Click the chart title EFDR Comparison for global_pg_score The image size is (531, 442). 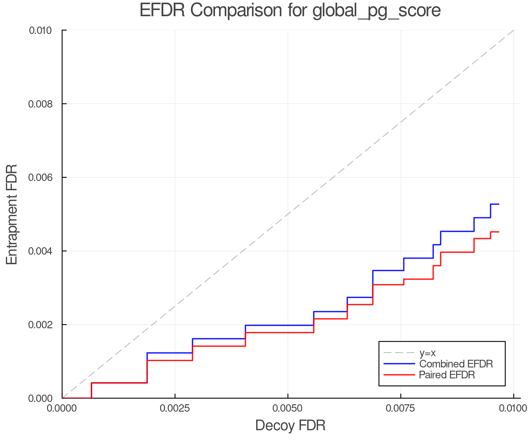pyautogui.click(x=290, y=10)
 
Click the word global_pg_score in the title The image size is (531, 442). pyautogui.click(x=376, y=11)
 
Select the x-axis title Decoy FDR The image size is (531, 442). pyautogui.click(x=290, y=425)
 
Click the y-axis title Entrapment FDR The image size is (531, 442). pyautogui.click(x=12, y=214)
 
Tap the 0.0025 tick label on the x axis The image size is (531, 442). pyautogui.click(x=175, y=409)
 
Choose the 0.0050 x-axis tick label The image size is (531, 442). pyautogui.click(x=288, y=409)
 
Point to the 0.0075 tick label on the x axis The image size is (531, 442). pyautogui.click(x=401, y=409)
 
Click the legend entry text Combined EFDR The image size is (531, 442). pyautogui.click(x=456, y=364)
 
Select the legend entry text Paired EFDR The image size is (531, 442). pyautogui.click(x=447, y=375)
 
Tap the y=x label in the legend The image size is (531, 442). pyautogui.click(x=427, y=353)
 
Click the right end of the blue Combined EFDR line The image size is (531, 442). pyautogui.click(x=499, y=204)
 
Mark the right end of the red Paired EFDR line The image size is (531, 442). pyautogui.click(x=499, y=232)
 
